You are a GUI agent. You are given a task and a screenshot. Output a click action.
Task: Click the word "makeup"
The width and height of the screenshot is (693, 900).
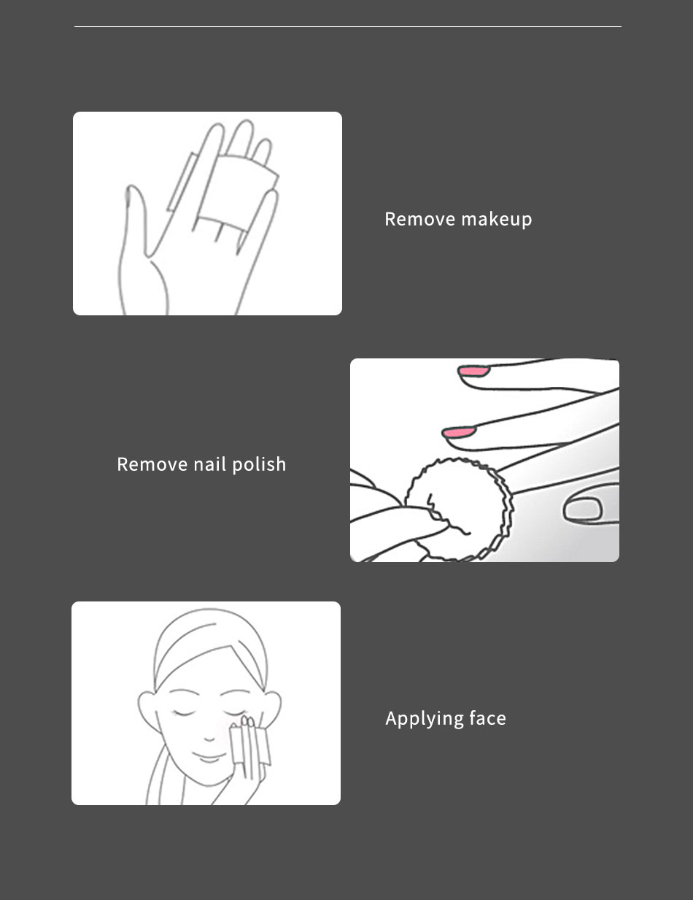click(x=497, y=220)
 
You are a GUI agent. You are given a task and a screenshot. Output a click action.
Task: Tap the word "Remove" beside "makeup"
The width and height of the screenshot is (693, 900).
click(x=419, y=219)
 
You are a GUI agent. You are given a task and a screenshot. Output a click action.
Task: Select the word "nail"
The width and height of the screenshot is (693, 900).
click(x=210, y=464)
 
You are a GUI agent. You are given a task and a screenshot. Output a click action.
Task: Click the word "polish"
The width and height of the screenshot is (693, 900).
click(x=259, y=465)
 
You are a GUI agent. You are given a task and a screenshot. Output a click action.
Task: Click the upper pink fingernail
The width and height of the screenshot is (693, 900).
click(x=473, y=371)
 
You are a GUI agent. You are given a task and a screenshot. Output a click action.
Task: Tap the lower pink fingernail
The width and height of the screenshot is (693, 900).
click(x=458, y=432)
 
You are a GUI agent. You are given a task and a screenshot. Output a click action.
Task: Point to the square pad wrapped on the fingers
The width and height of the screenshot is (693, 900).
click(x=236, y=192)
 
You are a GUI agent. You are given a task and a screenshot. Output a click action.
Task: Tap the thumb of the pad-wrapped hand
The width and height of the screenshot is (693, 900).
click(x=136, y=220)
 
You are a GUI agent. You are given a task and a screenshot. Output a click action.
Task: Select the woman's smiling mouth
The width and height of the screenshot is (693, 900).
click(x=209, y=758)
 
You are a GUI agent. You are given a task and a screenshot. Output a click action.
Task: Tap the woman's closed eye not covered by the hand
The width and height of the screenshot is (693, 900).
click(x=183, y=713)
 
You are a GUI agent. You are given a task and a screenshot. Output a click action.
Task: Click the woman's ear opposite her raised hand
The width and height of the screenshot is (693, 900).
click(x=147, y=709)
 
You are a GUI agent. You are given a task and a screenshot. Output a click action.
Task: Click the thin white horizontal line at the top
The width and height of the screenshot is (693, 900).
click(x=348, y=26)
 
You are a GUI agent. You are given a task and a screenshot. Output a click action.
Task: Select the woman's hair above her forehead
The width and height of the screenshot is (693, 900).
click(x=210, y=646)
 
